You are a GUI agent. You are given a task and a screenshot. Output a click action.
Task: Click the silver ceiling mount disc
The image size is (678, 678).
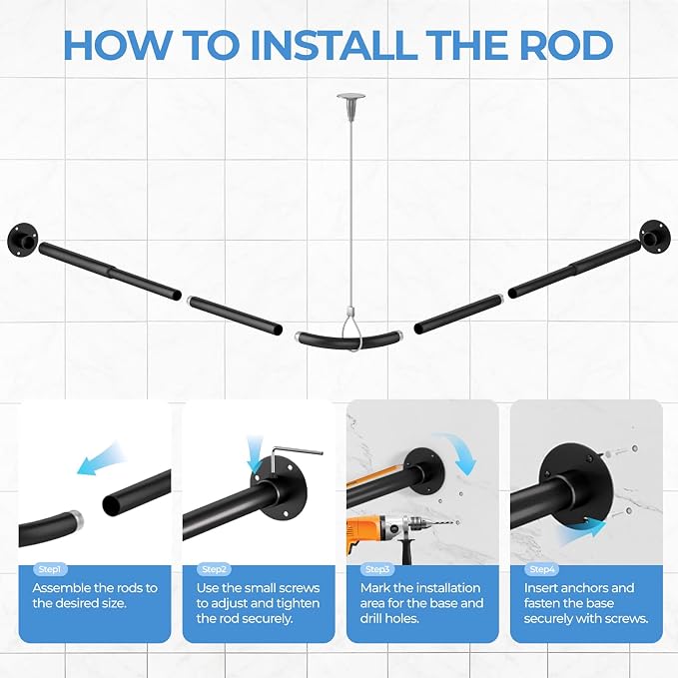350,97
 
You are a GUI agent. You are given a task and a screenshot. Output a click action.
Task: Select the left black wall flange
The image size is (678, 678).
23,239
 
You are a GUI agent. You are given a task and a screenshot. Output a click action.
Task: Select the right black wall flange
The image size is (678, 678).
655,236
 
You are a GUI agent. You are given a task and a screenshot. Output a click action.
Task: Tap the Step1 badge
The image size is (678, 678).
50,569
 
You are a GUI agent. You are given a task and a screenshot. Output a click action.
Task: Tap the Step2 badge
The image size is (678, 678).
214,569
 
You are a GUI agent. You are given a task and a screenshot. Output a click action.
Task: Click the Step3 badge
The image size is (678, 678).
377,569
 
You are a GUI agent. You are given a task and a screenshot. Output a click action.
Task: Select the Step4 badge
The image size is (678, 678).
542,569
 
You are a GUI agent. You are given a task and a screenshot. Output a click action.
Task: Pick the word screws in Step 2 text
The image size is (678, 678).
299,588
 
